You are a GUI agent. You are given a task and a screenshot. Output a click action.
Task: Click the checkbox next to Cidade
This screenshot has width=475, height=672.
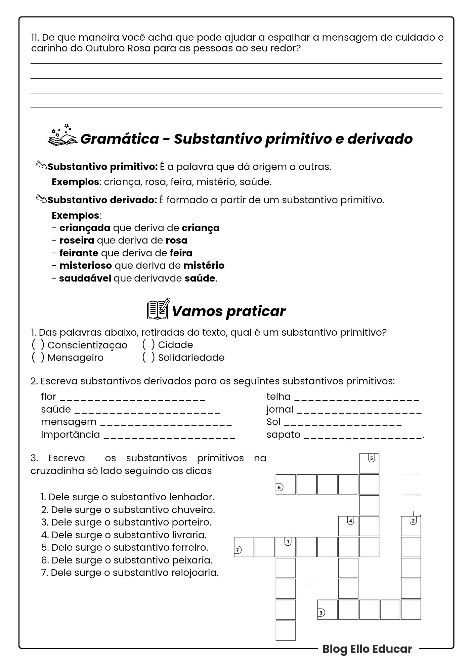(148, 344)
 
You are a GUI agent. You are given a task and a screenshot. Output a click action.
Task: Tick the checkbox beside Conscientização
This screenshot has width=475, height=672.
(38, 345)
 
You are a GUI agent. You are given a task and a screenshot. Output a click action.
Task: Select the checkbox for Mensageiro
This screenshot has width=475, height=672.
(38, 357)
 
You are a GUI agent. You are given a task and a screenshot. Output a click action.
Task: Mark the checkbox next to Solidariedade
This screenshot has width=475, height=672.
(148, 357)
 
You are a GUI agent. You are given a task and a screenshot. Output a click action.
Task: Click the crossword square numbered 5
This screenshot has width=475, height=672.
(369, 463)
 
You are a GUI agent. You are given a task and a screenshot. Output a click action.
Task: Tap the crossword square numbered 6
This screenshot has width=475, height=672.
(286, 484)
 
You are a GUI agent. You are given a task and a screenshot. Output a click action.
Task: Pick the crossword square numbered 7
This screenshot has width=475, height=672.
(244, 547)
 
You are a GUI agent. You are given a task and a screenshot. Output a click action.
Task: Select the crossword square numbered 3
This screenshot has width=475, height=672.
(327, 610)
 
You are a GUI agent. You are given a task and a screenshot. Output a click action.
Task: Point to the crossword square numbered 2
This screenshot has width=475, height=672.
(411, 526)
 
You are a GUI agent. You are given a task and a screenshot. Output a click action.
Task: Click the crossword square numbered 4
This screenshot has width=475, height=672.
(348, 526)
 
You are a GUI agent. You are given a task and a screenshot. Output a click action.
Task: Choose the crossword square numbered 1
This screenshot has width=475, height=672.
(286, 547)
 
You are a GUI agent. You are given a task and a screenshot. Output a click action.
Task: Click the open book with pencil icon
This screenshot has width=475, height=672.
(159, 309)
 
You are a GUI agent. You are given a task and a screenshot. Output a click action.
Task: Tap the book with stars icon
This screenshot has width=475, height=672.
(62, 136)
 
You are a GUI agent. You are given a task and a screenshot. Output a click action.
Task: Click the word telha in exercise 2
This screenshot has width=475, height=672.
(278, 396)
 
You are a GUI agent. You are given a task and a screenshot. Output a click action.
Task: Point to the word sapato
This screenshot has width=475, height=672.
(283, 434)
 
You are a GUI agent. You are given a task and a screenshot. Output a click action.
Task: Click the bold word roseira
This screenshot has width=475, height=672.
(77, 240)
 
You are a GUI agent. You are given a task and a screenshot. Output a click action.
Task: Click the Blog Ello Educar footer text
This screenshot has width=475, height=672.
(367, 649)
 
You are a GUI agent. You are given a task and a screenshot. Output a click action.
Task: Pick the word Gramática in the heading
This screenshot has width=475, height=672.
(119, 138)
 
